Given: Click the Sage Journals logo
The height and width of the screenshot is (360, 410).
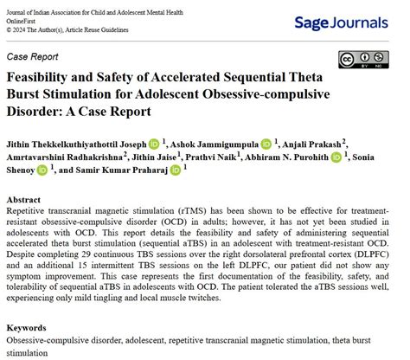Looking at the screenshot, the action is coord(346,22).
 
